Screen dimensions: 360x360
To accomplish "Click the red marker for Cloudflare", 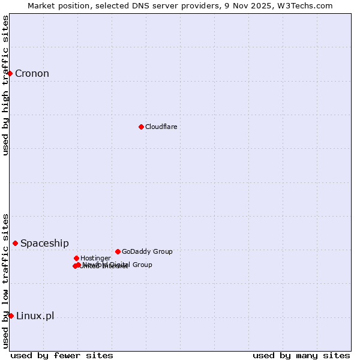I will pos(141,127).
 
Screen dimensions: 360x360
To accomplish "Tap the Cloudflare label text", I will pos(161,127).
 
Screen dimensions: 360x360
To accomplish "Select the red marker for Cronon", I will pos(10,73).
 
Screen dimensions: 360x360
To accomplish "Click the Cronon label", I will pos(32,74).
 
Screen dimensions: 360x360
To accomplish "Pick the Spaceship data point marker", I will pos(15,243).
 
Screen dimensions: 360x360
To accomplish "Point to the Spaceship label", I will pos(44,243).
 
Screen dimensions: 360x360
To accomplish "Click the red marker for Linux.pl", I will pos(11,316).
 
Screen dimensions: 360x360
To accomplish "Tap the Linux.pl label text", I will pos(35,316).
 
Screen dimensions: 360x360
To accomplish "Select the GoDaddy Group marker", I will pos(118,251).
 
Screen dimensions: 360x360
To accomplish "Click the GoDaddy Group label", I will pos(147,252).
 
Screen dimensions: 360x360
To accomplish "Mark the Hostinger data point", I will pos(76,258).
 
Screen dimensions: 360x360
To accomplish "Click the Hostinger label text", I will pos(95,259).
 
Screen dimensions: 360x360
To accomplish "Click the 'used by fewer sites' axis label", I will pos(62,355).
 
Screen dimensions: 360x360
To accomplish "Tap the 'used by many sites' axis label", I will pos(301,355).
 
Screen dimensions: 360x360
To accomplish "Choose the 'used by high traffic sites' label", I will pos(6,85).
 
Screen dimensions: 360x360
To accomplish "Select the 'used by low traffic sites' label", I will pos(6,280).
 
